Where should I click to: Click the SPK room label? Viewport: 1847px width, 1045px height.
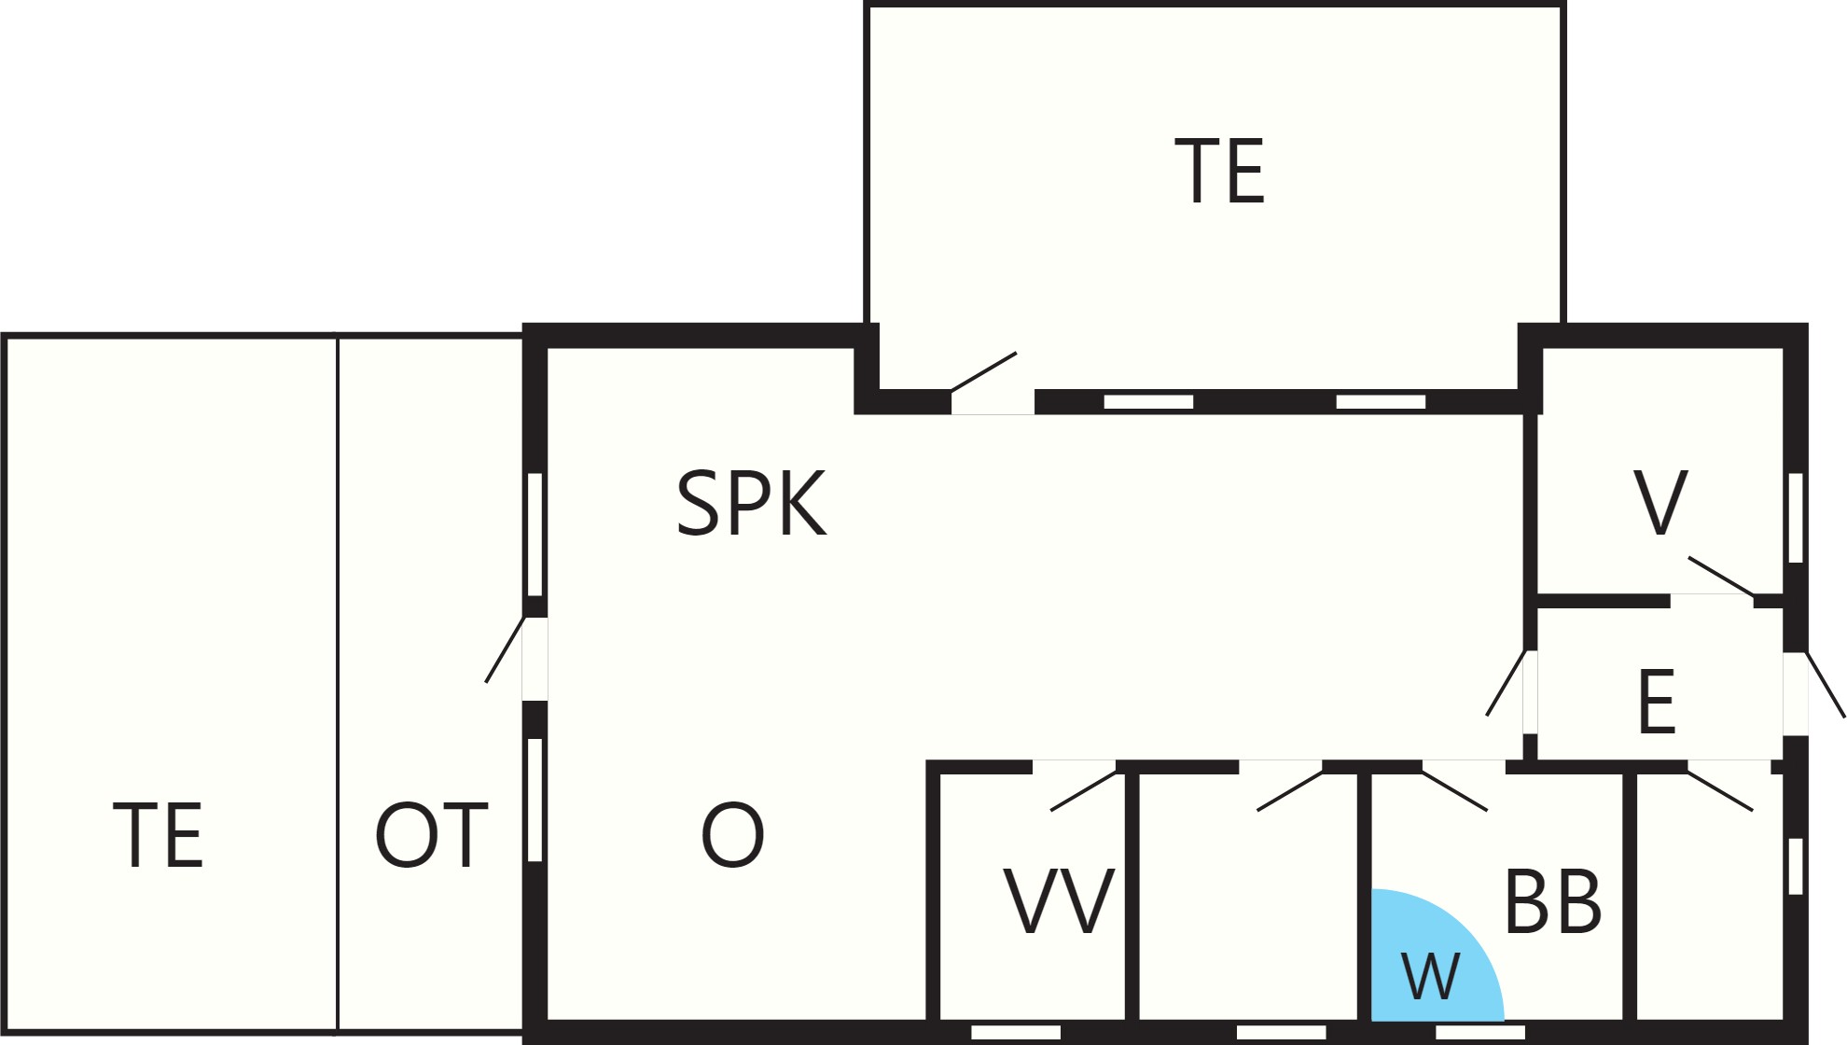(x=751, y=503)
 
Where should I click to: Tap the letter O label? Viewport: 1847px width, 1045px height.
(x=732, y=834)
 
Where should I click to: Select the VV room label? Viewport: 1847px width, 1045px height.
(x=1059, y=900)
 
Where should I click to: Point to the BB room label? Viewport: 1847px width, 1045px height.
(x=1553, y=900)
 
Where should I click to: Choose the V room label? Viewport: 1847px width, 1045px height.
(x=1660, y=503)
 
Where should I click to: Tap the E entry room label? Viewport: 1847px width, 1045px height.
(x=1657, y=702)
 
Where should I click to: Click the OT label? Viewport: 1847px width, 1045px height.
(x=431, y=834)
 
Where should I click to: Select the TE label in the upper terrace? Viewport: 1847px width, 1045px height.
(x=1219, y=170)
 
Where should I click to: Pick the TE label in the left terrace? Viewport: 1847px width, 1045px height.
(x=158, y=834)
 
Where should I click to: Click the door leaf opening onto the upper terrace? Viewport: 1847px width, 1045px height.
(x=983, y=371)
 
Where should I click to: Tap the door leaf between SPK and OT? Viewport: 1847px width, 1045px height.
(x=505, y=649)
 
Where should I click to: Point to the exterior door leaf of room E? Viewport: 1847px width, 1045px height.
(x=1826, y=685)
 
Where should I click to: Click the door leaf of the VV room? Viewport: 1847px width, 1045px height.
(x=1084, y=791)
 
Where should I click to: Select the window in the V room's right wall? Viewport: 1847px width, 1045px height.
(x=1796, y=518)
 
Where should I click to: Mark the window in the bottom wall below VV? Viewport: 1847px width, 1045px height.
(x=1016, y=1032)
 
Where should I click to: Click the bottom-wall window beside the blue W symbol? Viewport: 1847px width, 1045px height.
(x=1480, y=1032)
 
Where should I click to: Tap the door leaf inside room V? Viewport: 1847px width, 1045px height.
(x=1722, y=577)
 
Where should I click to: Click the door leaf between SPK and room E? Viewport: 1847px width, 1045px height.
(x=1506, y=683)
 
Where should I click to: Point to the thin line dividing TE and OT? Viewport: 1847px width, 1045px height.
(x=337, y=684)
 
